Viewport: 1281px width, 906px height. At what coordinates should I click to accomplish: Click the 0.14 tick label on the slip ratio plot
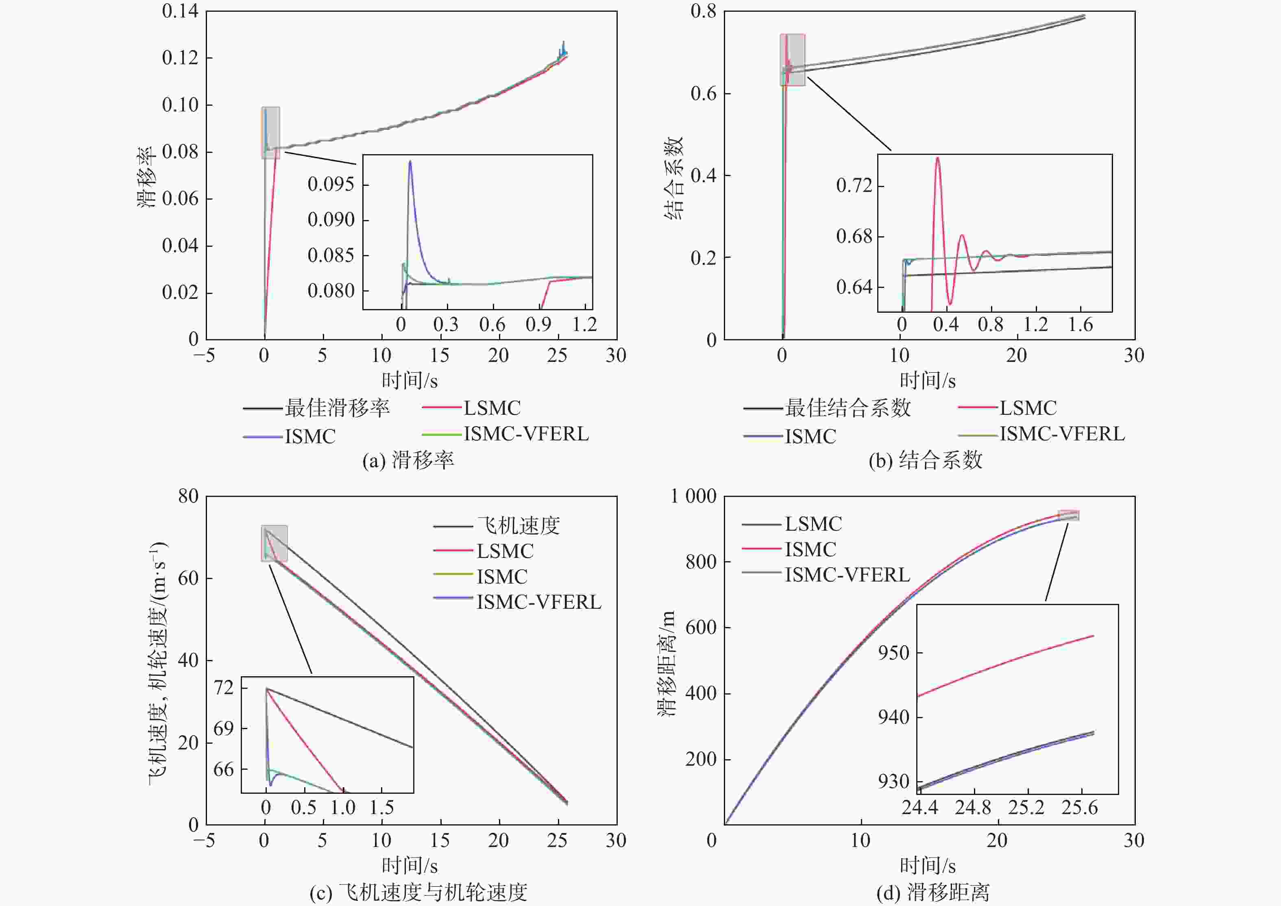tap(180, 11)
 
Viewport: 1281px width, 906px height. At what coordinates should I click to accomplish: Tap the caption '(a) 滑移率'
tap(408, 461)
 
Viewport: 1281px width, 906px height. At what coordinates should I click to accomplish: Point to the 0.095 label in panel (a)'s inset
tap(331, 184)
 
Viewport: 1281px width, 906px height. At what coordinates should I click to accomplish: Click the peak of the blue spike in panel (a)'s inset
tap(410, 162)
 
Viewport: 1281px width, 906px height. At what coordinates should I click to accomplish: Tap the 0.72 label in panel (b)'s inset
tap(854, 185)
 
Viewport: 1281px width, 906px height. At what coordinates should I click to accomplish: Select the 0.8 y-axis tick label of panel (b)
tap(703, 11)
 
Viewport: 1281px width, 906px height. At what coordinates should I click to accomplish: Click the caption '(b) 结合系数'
tap(925, 461)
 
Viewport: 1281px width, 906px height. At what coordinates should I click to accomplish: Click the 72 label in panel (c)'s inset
tap(224, 688)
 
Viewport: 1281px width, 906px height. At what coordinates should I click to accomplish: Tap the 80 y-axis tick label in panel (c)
tap(188, 496)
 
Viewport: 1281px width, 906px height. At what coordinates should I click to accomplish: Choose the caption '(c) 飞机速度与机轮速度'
tap(418, 893)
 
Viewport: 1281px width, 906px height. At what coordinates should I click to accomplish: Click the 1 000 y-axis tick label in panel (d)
tap(693, 496)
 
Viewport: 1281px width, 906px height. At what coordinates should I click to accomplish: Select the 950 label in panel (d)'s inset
tap(893, 652)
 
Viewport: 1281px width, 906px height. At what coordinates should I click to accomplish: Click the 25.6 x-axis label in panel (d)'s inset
tap(1079, 808)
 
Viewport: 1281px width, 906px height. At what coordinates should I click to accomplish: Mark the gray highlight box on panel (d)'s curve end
tap(1068, 516)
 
